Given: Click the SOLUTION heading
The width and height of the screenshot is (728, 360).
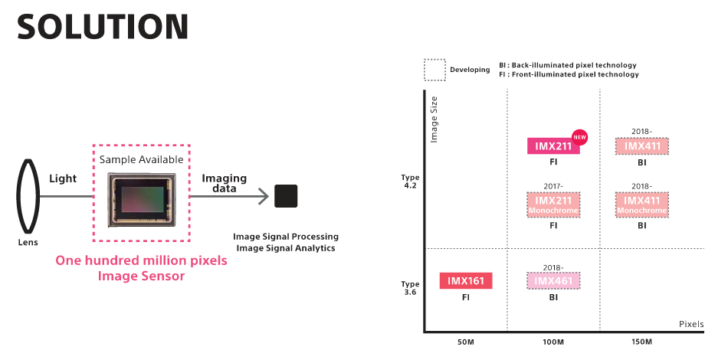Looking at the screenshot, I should pos(102,26).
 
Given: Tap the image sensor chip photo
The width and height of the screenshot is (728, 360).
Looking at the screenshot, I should pos(141,195).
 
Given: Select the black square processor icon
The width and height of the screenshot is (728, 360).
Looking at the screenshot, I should pos(286,196).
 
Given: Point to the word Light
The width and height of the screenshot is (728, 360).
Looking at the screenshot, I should pos(63,178).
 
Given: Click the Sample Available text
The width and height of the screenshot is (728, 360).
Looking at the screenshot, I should pos(141,159).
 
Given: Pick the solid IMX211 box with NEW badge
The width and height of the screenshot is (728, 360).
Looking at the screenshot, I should pos(553,146).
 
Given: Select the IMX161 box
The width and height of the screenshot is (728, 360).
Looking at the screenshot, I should pos(465,281).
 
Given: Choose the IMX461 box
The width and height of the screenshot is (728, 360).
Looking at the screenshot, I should pos(553,281).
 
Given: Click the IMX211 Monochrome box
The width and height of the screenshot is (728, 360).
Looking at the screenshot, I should pos(553,204).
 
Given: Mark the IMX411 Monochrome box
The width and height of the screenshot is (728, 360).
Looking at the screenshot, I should pos(641,204).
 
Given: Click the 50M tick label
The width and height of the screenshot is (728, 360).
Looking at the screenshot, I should pos(465,341).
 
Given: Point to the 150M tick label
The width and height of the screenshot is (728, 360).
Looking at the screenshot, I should pos(641,341).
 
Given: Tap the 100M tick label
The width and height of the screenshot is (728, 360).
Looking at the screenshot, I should pos(553,341).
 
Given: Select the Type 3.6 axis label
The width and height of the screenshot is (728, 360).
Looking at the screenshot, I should pos(410,288).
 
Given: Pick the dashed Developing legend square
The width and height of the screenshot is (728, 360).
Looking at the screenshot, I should pos(435,70).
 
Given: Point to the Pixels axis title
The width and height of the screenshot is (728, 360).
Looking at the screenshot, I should pos(691,324).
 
